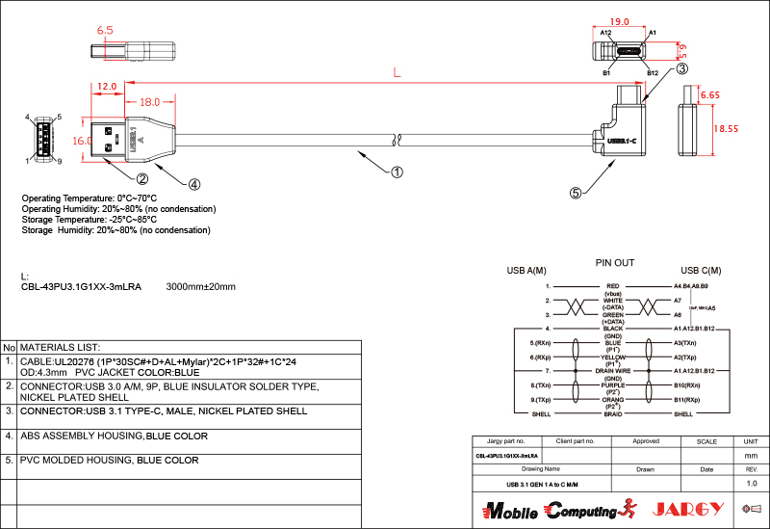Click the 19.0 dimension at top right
tap(620, 20)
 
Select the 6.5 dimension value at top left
tap(105, 31)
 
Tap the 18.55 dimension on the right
tap(726, 128)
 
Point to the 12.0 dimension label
tap(107, 87)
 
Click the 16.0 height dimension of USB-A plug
tap(82, 141)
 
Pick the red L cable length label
tap(398, 72)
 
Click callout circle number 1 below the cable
tap(396, 173)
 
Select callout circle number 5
tap(576, 193)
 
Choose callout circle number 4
tap(193, 184)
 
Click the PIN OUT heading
tap(615, 262)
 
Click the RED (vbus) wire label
tap(613, 289)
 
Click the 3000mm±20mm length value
tap(201, 287)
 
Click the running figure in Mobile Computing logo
tap(630, 508)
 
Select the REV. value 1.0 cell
tap(752, 483)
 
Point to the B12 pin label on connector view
tap(652, 73)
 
